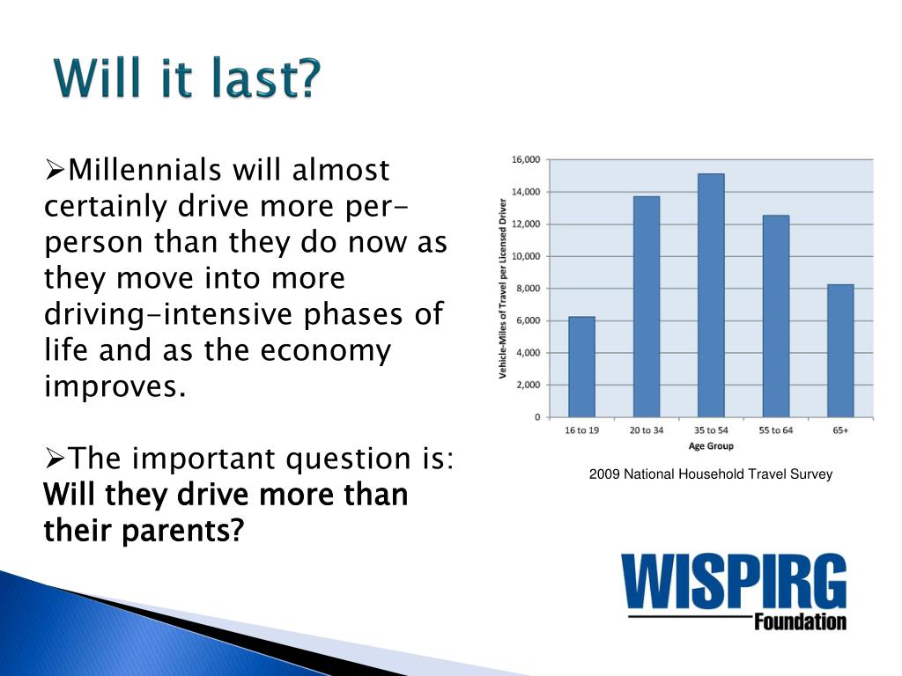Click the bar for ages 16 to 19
point(581,367)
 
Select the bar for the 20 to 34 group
point(647,307)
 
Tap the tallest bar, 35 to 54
point(711,296)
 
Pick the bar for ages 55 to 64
point(776,316)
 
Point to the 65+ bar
point(840,350)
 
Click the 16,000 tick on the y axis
point(526,160)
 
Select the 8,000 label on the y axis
point(529,289)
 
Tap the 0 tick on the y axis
point(537,417)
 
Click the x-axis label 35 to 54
point(711,430)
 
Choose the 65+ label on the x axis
point(840,430)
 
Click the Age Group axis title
point(711,446)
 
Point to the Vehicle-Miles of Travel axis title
point(503,289)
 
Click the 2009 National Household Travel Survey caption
point(711,474)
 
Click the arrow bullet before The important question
point(55,459)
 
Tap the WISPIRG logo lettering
point(734,581)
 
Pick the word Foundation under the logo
point(800,622)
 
